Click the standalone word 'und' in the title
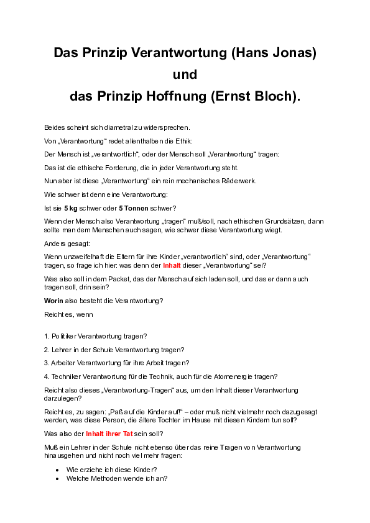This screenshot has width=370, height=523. pyautogui.click(x=185, y=75)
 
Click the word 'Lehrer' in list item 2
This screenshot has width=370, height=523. pyautogui.click(x=64, y=350)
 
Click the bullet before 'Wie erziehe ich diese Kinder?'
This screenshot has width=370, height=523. pyautogui.click(x=57, y=470)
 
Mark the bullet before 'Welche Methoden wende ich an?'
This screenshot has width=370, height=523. pyautogui.click(x=57, y=479)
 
